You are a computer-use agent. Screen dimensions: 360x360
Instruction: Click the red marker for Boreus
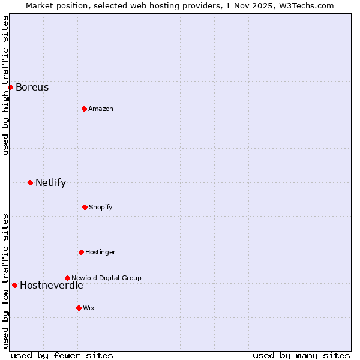pos(10,87)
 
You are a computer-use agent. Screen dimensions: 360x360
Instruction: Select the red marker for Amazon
pos(84,109)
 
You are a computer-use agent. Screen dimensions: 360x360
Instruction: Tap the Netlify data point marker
pos(30,182)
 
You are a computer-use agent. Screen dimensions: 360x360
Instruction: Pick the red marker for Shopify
pos(85,207)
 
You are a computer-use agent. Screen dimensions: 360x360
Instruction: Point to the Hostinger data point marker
pos(81,252)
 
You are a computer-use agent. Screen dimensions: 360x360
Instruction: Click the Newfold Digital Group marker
pos(67,278)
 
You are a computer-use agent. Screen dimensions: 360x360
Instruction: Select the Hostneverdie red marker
pos(14,285)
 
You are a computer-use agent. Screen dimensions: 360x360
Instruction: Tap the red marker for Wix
pos(79,308)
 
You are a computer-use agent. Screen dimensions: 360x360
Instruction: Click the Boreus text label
pos(32,87)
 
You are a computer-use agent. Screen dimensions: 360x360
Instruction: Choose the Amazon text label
pos(101,109)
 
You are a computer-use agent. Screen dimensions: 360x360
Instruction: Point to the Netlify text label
pos(50,182)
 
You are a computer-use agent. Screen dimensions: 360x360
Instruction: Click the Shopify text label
pos(101,207)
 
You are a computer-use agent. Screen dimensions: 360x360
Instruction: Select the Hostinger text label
pos(100,252)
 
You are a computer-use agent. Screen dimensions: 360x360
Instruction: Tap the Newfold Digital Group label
pos(106,278)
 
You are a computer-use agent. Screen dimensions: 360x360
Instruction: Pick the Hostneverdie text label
pos(51,285)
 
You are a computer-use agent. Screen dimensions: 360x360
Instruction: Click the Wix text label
pos(89,308)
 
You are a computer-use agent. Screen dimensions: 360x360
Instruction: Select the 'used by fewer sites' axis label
pos(62,355)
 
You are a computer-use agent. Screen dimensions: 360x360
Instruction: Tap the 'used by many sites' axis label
pos(301,355)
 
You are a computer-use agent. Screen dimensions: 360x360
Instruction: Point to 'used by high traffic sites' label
pos(5,85)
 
